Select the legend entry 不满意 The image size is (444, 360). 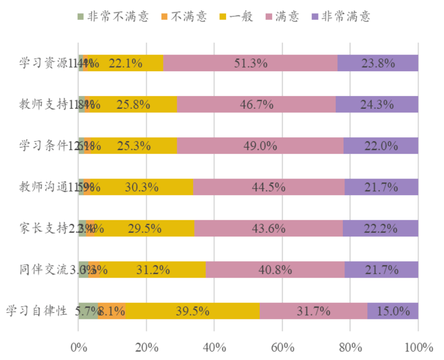(188, 16)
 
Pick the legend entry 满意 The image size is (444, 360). (287, 16)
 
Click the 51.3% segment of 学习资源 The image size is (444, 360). (250, 63)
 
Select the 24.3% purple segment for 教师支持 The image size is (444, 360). (377, 104)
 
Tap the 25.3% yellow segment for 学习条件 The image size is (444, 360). (134, 145)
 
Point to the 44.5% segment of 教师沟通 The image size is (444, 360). (269, 187)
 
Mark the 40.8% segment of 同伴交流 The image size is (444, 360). (275, 269)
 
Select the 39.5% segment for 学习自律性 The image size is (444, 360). (193, 311)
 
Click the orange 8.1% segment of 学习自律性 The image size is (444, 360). (112, 311)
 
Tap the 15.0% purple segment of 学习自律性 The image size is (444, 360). (393, 311)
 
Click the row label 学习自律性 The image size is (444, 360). (37, 311)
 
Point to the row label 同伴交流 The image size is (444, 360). (43, 269)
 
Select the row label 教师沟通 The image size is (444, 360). (43, 187)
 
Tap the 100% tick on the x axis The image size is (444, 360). (418, 348)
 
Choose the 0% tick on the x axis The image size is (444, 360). (79, 348)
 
